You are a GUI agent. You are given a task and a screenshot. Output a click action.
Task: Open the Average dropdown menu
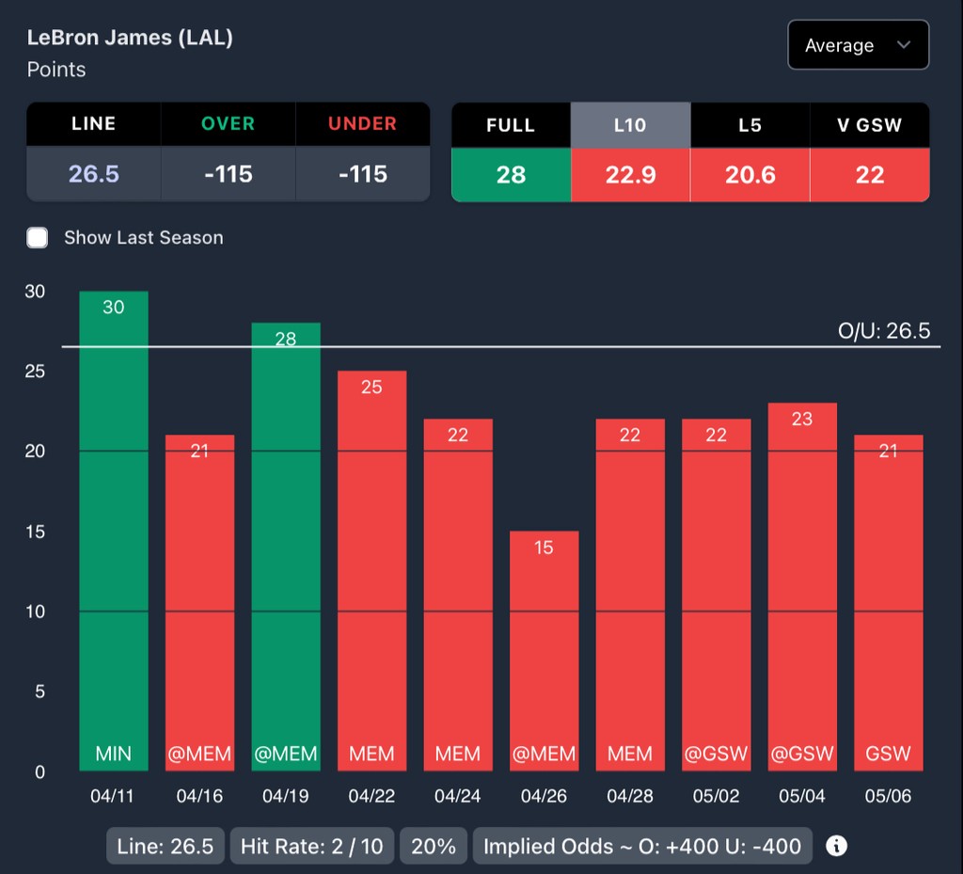[858, 45]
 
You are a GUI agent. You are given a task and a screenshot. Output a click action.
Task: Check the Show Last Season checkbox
[38, 237]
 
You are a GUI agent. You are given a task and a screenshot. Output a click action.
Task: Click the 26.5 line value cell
[94, 174]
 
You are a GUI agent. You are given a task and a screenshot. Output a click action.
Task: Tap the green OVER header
[229, 124]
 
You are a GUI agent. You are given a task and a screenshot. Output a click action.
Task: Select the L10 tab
[630, 125]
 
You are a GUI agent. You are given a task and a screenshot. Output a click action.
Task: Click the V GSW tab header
[870, 125]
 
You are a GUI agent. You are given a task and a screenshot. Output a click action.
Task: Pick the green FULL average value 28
[511, 174]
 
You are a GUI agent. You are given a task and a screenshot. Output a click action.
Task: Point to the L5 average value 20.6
[750, 174]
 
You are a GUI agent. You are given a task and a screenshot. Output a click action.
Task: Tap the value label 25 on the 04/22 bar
[371, 387]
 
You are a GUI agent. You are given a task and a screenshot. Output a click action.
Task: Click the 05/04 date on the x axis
[802, 796]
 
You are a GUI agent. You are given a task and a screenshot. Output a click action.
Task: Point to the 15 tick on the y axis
[35, 532]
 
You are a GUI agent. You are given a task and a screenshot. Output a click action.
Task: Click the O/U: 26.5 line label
[883, 331]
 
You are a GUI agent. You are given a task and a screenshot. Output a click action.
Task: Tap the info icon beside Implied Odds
[836, 846]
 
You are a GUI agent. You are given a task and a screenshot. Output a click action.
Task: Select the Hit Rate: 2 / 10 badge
[312, 846]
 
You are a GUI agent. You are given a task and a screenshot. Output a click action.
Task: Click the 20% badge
[434, 846]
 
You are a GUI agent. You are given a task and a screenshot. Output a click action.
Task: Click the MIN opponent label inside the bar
[113, 754]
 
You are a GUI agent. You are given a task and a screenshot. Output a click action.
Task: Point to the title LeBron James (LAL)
[130, 39]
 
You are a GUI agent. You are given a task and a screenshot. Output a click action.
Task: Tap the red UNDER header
[362, 124]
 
